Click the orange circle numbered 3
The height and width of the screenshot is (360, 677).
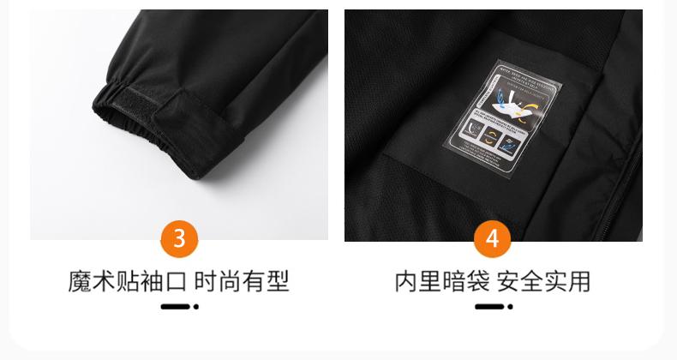tap(179, 238)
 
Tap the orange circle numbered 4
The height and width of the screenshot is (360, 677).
tap(492, 238)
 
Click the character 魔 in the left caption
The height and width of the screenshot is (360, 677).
tap(80, 281)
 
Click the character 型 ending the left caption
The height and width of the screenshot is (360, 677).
tap(277, 281)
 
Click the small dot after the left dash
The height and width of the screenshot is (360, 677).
tap(196, 306)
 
